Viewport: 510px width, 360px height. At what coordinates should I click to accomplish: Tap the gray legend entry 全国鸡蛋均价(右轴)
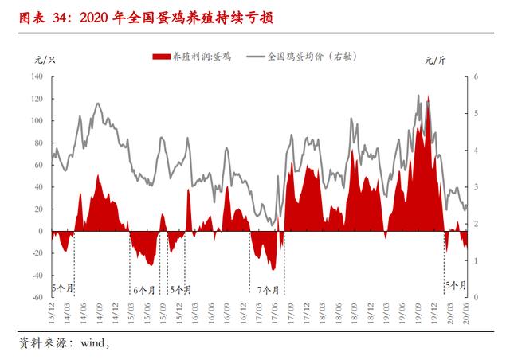click(308, 57)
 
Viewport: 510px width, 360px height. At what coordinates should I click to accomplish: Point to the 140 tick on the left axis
click(37, 77)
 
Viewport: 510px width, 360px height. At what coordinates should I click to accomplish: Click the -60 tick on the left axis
click(37, 297)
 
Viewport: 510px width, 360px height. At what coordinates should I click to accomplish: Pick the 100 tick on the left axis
click(37, 121)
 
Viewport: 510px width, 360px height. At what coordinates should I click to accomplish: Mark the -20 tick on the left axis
click(37, 253)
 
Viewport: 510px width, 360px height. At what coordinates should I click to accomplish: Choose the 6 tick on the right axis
click(475, 77)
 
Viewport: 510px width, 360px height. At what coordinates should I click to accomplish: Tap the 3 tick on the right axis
click(475, 187)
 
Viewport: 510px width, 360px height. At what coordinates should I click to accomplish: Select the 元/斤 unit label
click(436, 60)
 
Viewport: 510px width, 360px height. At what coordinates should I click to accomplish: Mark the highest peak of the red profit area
click(428, 97)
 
